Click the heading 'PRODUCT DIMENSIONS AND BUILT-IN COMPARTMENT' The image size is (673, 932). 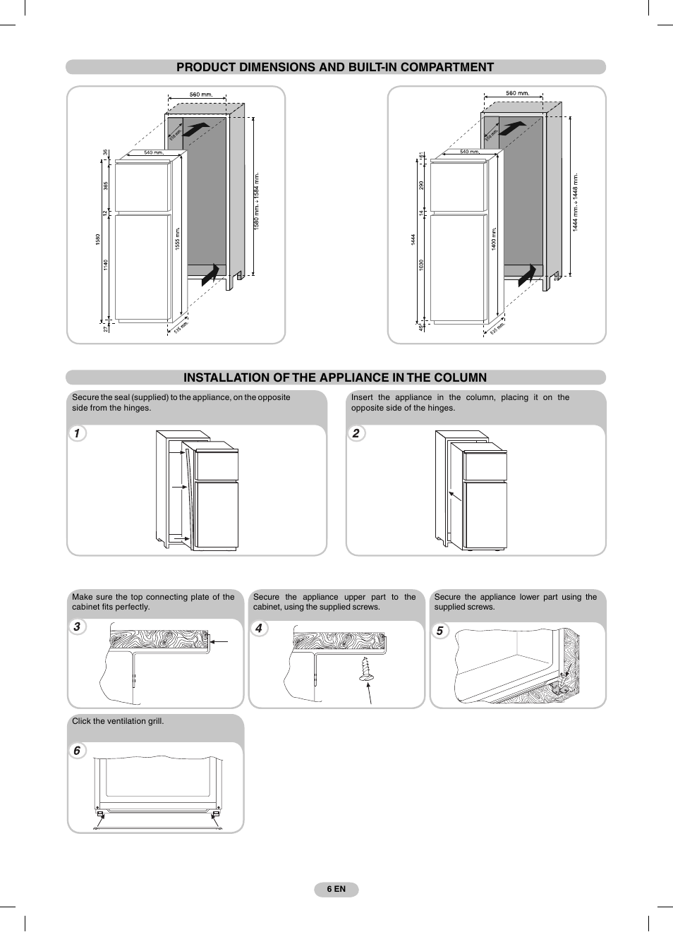pos(335,67)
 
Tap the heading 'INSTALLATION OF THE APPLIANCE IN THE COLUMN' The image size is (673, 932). pos(335,377)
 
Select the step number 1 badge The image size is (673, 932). pos(77,433)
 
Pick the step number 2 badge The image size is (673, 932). pos(356,433)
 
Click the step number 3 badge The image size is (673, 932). pos(77,627)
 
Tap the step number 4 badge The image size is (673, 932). pos(259,628)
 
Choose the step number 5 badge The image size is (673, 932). pos(439,631)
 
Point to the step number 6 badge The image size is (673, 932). pos(77,751)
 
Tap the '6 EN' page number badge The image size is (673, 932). pos(336,889)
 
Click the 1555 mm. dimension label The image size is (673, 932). pos(178,238)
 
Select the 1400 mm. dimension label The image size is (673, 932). pos(494,238)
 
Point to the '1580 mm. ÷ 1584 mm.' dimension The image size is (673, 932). pos(257,201)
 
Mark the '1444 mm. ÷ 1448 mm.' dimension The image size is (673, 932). pos(576,202)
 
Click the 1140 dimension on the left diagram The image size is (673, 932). pos(106,265)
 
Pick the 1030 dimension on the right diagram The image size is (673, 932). pos(421,265)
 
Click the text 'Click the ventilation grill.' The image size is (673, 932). pos(118,721)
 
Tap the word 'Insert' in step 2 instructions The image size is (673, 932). pos(362,397)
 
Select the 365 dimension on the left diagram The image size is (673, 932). pos(106,186)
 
